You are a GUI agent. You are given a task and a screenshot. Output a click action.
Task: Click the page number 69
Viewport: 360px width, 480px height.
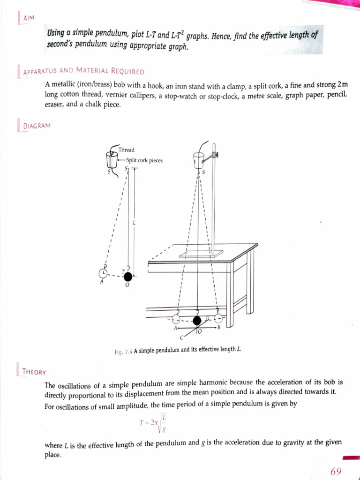336,471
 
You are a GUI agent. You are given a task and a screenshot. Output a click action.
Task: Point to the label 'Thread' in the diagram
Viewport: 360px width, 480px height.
127,150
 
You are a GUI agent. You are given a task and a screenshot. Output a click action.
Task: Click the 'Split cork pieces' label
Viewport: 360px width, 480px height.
144,160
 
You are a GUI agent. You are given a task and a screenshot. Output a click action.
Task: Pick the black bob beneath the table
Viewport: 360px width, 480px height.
198,320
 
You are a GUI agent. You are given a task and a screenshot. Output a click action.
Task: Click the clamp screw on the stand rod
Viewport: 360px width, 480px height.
216,155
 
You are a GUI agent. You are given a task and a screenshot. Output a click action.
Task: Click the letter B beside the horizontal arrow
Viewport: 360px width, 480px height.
218,328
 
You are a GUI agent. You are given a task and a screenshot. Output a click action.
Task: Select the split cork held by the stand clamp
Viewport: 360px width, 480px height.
198,160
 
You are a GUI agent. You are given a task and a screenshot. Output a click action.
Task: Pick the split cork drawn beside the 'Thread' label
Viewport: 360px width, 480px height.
112,159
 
